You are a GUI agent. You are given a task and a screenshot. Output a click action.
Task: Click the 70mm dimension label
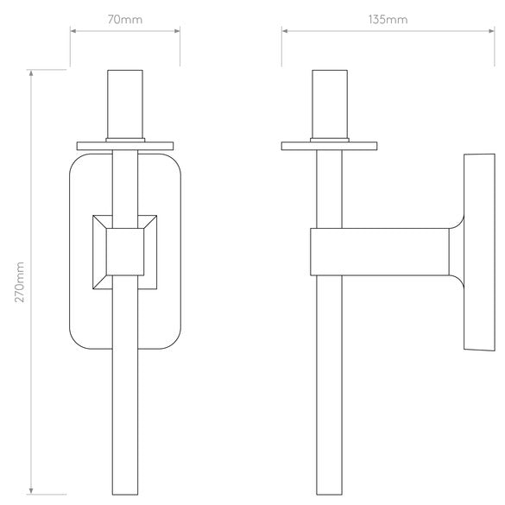click(x=125, y=18)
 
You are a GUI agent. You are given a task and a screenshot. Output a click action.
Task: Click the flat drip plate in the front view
click(x=125, y=145)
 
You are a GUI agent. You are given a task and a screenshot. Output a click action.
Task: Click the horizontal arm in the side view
click(x=380, y=251)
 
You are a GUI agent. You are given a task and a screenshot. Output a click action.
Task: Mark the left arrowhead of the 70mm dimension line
click(x=73, y=31)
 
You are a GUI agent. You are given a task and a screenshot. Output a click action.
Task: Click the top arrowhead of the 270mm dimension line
click(x=33, y=73)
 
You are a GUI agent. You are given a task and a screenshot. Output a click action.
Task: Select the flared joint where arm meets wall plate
click(x=456, y=251)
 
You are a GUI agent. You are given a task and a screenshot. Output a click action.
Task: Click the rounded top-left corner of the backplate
click(x=76, y=161)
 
